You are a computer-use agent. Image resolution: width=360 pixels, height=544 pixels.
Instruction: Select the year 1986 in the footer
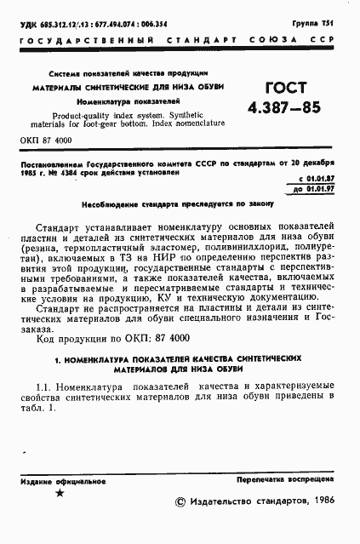coord(323,502)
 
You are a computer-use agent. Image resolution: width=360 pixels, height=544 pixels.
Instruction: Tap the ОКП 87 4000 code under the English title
coord(46,138)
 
